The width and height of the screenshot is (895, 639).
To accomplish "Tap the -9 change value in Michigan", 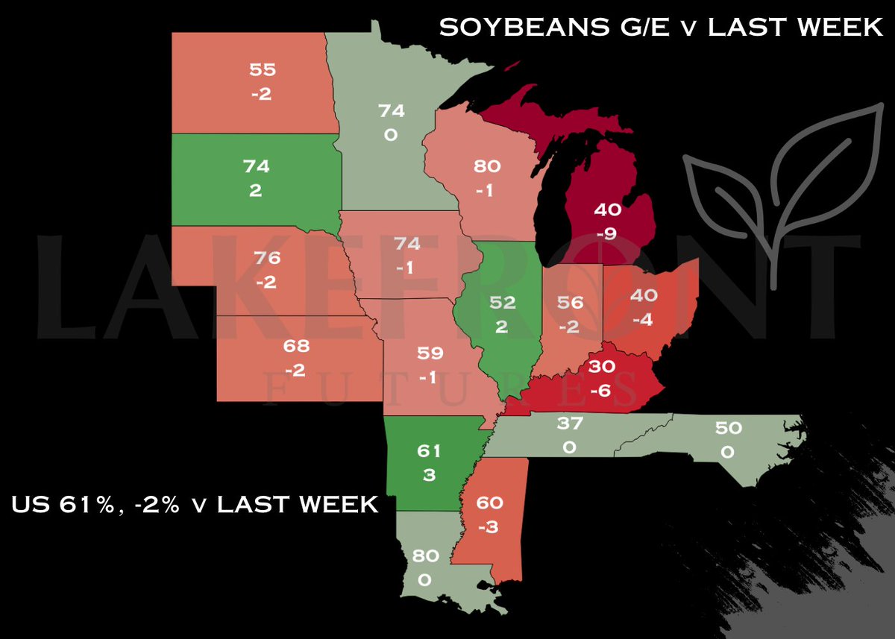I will (606, 235).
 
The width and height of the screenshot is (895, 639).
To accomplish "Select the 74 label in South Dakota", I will (256, 166).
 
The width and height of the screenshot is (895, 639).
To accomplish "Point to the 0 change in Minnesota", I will (391, 135).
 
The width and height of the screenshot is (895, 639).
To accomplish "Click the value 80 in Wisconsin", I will (486, 166).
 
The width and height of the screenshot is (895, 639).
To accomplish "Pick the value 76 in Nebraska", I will (266, 258).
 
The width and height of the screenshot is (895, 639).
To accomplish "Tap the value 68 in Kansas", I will (296, 346).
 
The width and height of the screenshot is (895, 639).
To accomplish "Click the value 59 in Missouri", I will (427, 354).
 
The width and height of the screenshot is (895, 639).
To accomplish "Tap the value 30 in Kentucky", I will (602, 366).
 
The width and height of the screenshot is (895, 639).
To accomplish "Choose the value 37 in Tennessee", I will (569, 424).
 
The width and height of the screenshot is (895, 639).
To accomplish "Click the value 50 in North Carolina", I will (727, 428).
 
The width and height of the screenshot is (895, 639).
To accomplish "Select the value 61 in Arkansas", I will (428, 450).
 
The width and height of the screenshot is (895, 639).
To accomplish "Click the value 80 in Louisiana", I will (424, 555).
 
